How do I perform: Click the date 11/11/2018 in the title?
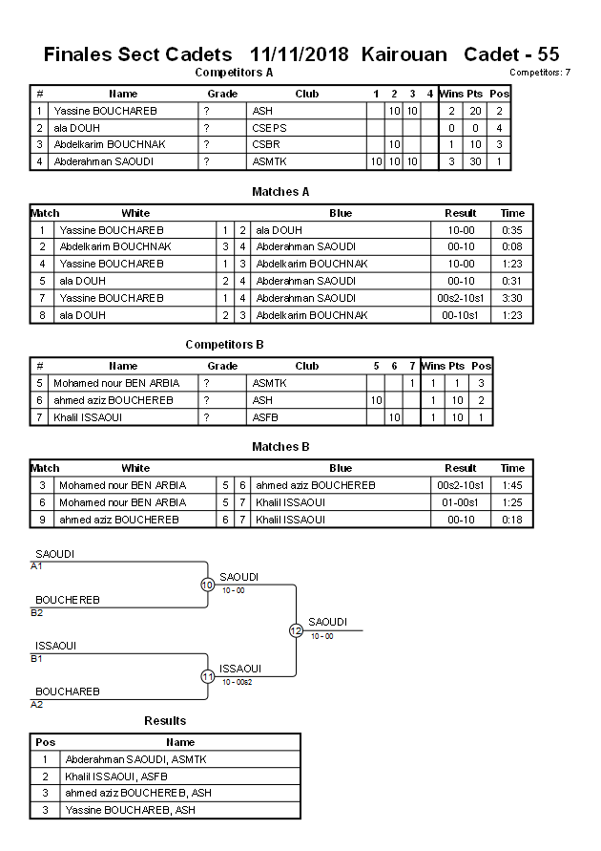point(300,54)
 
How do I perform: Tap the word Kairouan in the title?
point(404,54)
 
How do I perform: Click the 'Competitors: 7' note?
point(540,73)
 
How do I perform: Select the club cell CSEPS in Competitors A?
point(269,127)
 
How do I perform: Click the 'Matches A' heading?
point(280,192)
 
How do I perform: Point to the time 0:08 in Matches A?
point(512,246)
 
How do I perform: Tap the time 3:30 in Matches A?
point(512,298)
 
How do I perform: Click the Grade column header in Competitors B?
point(222,366)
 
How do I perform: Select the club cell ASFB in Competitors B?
point(265,417)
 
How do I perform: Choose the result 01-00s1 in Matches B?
point(461,502)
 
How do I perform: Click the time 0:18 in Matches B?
point(512,520)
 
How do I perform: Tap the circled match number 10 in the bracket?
point(207,585)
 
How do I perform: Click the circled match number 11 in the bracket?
point(207,676)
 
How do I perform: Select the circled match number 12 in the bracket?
point(296,630)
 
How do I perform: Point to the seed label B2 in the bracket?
point(36,612)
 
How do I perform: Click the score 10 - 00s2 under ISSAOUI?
point(238,682)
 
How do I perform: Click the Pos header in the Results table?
point(45,742)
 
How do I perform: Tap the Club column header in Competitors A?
point(306,94)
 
